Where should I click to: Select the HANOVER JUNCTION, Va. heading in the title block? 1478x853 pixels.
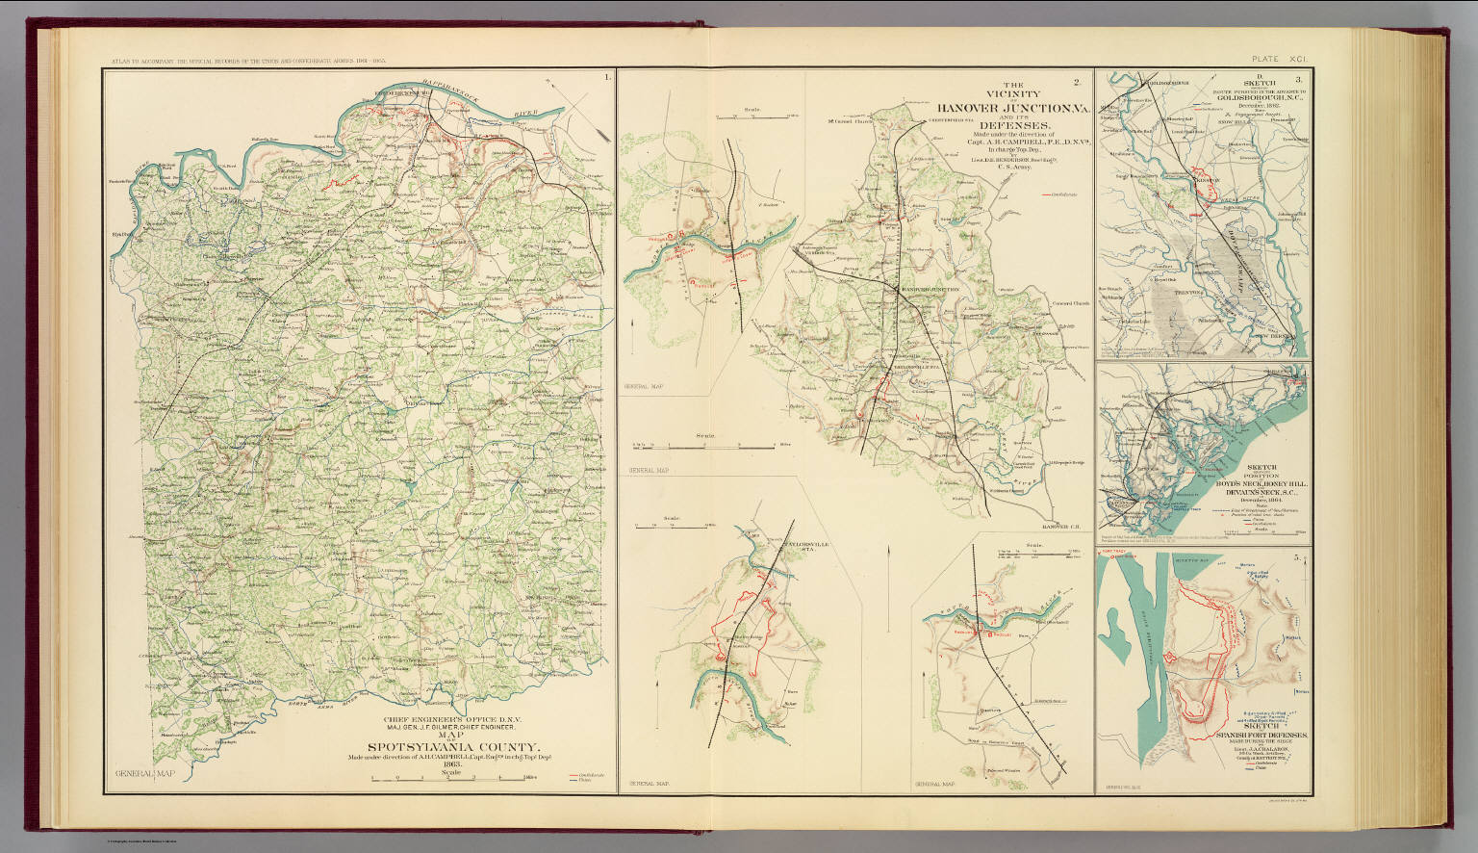tap(1006, 109)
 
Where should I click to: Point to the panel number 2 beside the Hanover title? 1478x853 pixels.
tap(1077, 80)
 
